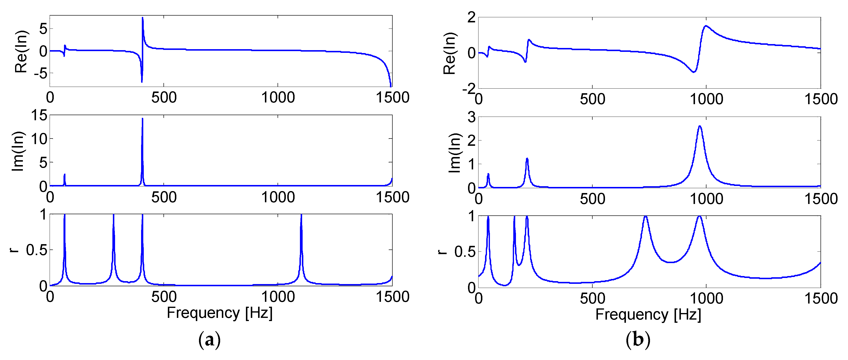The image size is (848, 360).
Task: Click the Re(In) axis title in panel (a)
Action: point(21,51)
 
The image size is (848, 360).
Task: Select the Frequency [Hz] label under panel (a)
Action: point(220,313)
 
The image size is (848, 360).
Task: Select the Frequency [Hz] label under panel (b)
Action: point(648,314)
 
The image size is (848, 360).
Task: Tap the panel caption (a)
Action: point(209,340)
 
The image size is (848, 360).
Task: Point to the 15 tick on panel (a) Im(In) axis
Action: point(39,116)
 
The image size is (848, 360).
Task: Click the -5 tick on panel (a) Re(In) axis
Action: point(40,74)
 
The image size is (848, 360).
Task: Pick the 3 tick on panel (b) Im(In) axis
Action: point(471,117)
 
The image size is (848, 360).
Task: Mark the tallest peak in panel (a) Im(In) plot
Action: point(142,119)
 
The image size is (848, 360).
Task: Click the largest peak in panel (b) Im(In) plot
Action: point(700,126)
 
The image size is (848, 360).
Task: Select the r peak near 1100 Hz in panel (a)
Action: point(301,216)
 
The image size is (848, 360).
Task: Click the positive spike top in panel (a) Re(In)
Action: point(143,18)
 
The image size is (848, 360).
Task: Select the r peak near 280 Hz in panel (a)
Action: point(114,216)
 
